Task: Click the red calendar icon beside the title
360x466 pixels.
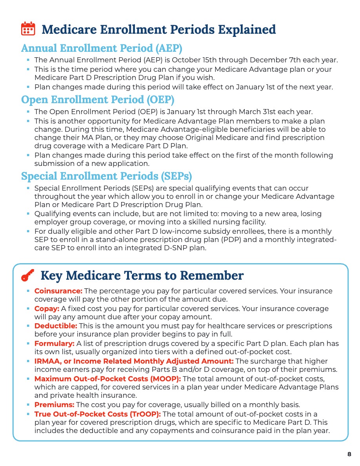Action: (27, 29)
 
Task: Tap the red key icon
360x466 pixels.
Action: (27, 275)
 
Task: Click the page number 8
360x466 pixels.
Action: (349, 454)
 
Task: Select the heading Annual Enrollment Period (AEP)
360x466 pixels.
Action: (102, 48)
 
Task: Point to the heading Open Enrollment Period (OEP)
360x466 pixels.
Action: (98, 99)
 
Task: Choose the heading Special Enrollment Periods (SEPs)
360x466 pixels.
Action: (106, 176)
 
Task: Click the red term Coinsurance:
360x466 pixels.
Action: (58, 291)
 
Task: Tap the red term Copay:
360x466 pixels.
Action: (47, 309)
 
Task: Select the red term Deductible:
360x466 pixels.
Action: (56, 326)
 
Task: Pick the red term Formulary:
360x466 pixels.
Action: (54, 344)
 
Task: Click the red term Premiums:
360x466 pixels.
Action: (54, 405)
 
